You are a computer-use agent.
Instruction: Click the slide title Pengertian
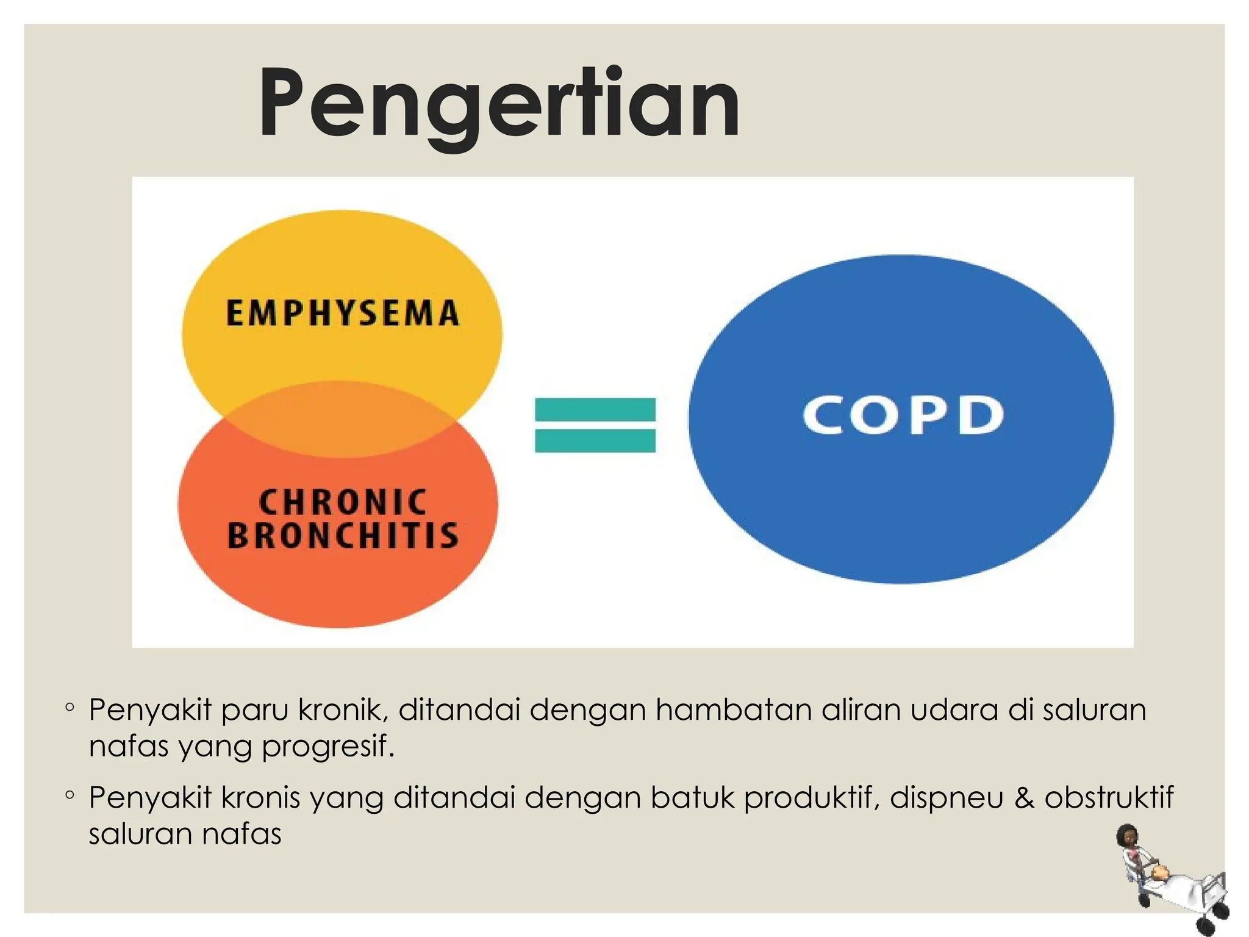click(x=499, y=104)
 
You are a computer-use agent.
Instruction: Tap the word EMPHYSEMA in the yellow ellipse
click(x=342, y=313)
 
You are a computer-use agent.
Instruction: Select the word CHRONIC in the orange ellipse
click(x=343, y=502)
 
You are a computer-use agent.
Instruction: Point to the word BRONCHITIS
click(x=343, y=535)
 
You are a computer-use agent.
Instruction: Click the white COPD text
click(x=903, y=415)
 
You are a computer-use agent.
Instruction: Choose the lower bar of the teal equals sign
click(x=595, y=440)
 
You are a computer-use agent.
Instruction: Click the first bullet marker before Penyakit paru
click(x=70, y=708)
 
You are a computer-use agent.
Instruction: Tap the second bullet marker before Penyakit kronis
click(x=70, y=795)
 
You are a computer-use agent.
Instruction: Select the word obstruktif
click(x=1109, y=797)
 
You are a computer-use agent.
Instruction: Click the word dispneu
click(x=946, y=799)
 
